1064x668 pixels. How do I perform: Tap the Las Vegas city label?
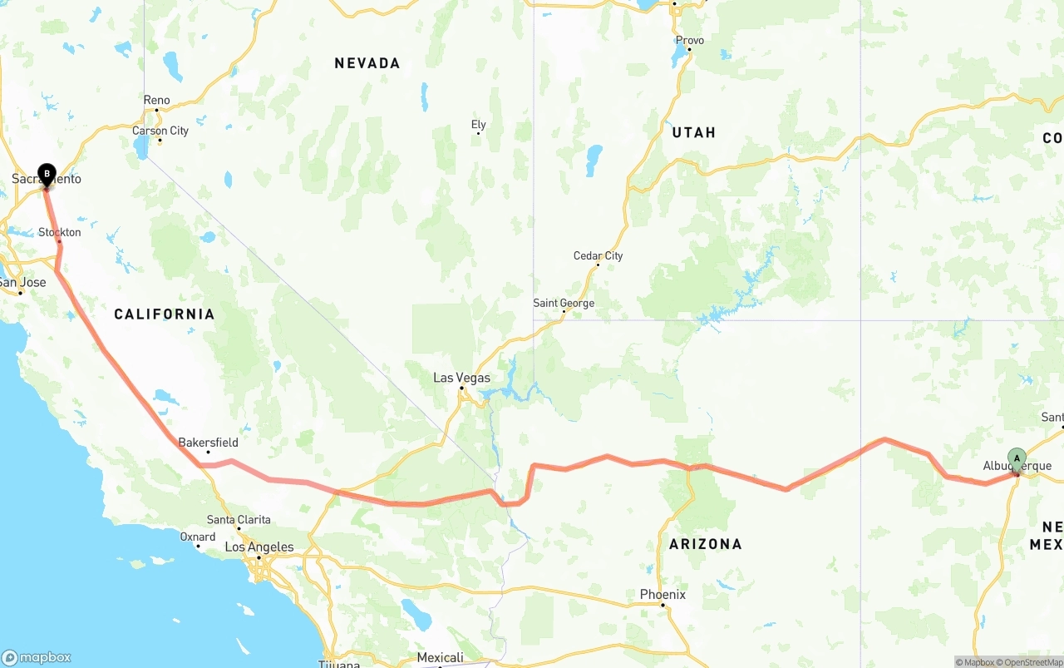click(461, 378)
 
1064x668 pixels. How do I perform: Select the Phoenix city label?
click(663, 594)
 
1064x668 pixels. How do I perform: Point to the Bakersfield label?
click(208, 443)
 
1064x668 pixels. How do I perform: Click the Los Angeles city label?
click(259, 547)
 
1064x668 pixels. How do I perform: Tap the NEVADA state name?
click(367, 63)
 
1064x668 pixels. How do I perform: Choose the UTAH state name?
click(693, 132)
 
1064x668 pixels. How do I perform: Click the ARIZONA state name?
click(705, 544)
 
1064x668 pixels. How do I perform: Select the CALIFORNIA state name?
click(164, 314)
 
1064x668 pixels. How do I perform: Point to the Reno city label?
click(156, 101)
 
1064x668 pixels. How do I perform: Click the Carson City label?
click(160, 131)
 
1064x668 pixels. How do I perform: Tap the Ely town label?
click(478, 125)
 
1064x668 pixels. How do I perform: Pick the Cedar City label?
click(598, 255)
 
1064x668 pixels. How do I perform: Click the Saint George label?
click(564, 303)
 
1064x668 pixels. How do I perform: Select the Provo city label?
click(689, 40)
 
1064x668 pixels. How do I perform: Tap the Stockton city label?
click(60, 232)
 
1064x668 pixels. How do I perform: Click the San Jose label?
click(22, 282)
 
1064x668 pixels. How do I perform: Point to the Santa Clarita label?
click(239, 520)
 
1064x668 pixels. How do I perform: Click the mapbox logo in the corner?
click(37, 657)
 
